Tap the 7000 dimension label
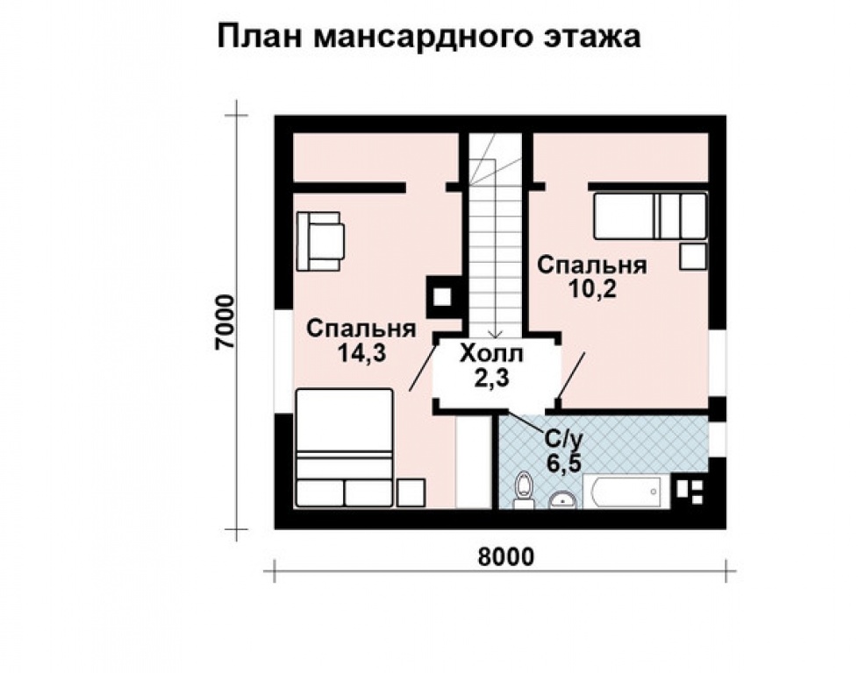pyautogui.click(x=225, y=322)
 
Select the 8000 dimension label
pyautogui.click(x=505, y=557)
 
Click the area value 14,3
pyautogui.click(x=361, y=353)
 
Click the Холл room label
pyautogui.click(x=491, y=354)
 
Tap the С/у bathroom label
pyautogui.click(x=561, y=438)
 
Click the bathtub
pyautogui.click(x=626, y=492)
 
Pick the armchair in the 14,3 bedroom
pyautogui.click(x=321, y=241)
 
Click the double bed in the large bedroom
pyautogui.click(x=345, y=448)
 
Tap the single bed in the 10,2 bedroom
pyautogui.click(x=651, y=216)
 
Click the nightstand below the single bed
pyautogui.click(x=693, y=257)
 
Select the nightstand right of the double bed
pyautogui.click(x=411, y=492)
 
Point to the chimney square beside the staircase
pyautogui.click(x=442, y=297)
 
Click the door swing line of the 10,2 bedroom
pyautogui.click(x=571, y=376)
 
